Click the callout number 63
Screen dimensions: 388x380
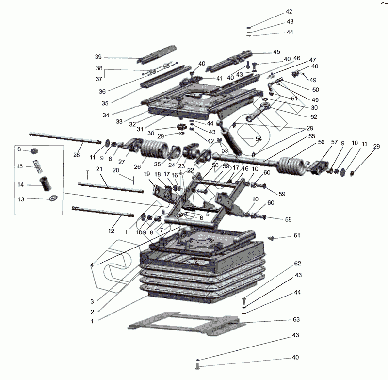point(296,319)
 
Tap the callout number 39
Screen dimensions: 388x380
point(98,56)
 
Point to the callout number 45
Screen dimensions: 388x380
point(276,52)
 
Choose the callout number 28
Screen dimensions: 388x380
point(76,155)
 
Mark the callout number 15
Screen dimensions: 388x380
point(20,166)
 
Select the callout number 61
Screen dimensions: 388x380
point(297,235)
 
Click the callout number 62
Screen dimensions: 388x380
point(297,264)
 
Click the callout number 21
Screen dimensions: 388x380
point(99,169)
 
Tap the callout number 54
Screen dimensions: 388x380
point(259,139)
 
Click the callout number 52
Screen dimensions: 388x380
point(314,116)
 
